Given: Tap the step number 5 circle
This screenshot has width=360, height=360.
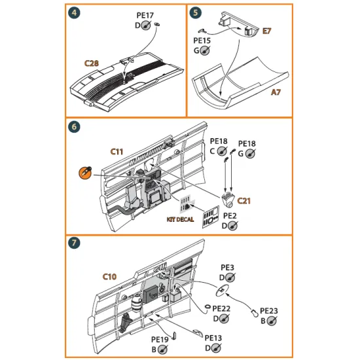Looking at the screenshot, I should (x=195, y=13).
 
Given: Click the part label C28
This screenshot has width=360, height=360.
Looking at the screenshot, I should (x=92, y=63).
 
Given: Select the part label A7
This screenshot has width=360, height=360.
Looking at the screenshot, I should (x=278, y=94).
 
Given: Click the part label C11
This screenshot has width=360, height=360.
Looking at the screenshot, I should (x=117, y=151).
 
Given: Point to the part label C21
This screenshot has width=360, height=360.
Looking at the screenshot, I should (x=244, y=201).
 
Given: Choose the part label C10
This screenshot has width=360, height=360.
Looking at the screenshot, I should (x=110, y=277).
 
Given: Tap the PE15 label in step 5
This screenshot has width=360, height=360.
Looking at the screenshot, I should (x=202, y=41).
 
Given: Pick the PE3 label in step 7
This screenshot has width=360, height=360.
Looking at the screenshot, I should (x=227, y=268).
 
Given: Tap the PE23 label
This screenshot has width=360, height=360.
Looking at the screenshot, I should (x=269, y=311).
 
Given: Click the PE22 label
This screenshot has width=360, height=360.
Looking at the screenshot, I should (x=221, y=309).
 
